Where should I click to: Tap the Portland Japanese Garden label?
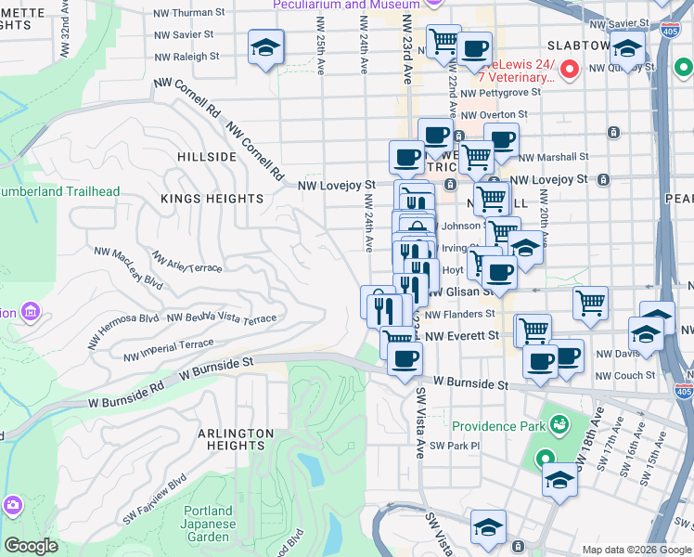[x=207, y=524]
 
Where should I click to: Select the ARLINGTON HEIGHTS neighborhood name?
[x=235, y=439]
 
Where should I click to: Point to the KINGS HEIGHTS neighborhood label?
[x=212, y=199]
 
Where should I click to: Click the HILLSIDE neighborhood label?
[x=207, y=157]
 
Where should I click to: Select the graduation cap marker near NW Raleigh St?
[x=265, y=46]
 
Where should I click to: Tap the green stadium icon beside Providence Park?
[x=559, y=425]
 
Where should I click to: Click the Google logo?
[x=31, y=546]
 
